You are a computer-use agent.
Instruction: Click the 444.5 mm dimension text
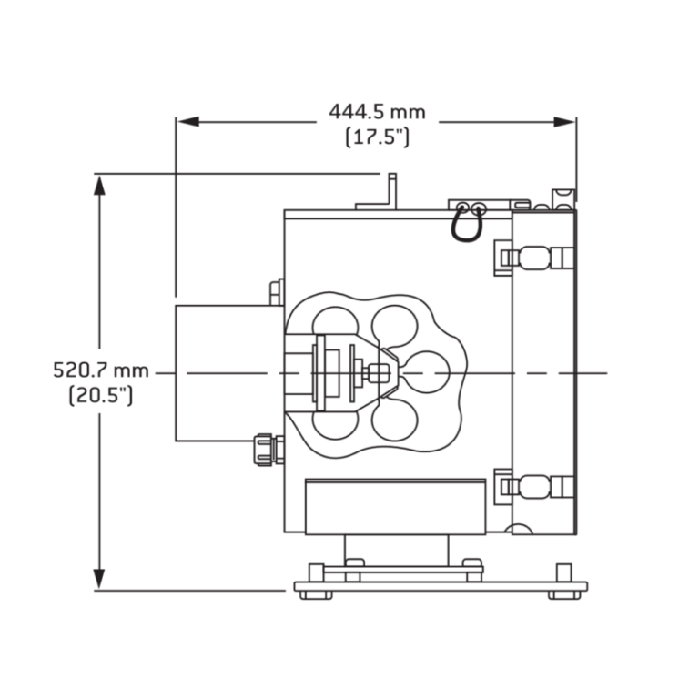pyautogui.click(x=377, y=112)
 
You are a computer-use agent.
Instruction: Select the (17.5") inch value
pyautogui.click(x=377, y=137)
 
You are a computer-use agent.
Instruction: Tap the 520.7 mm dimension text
pyautogui.click(x=100, y=370)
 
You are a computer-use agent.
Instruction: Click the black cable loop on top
pyautogui.click(x=469, y=222)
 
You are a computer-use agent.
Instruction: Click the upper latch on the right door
pyautogui.click(x=532, y=258)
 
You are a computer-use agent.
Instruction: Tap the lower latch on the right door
pyautogui.click(x=532, y=486)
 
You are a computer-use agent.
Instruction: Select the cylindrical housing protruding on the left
pyautogui.click(x=228, y=373)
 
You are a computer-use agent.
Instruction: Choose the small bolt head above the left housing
pyautogui.click(x=276, y=290)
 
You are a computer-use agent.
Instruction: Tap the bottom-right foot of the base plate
pyautogui.click(x=564, y=594)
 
